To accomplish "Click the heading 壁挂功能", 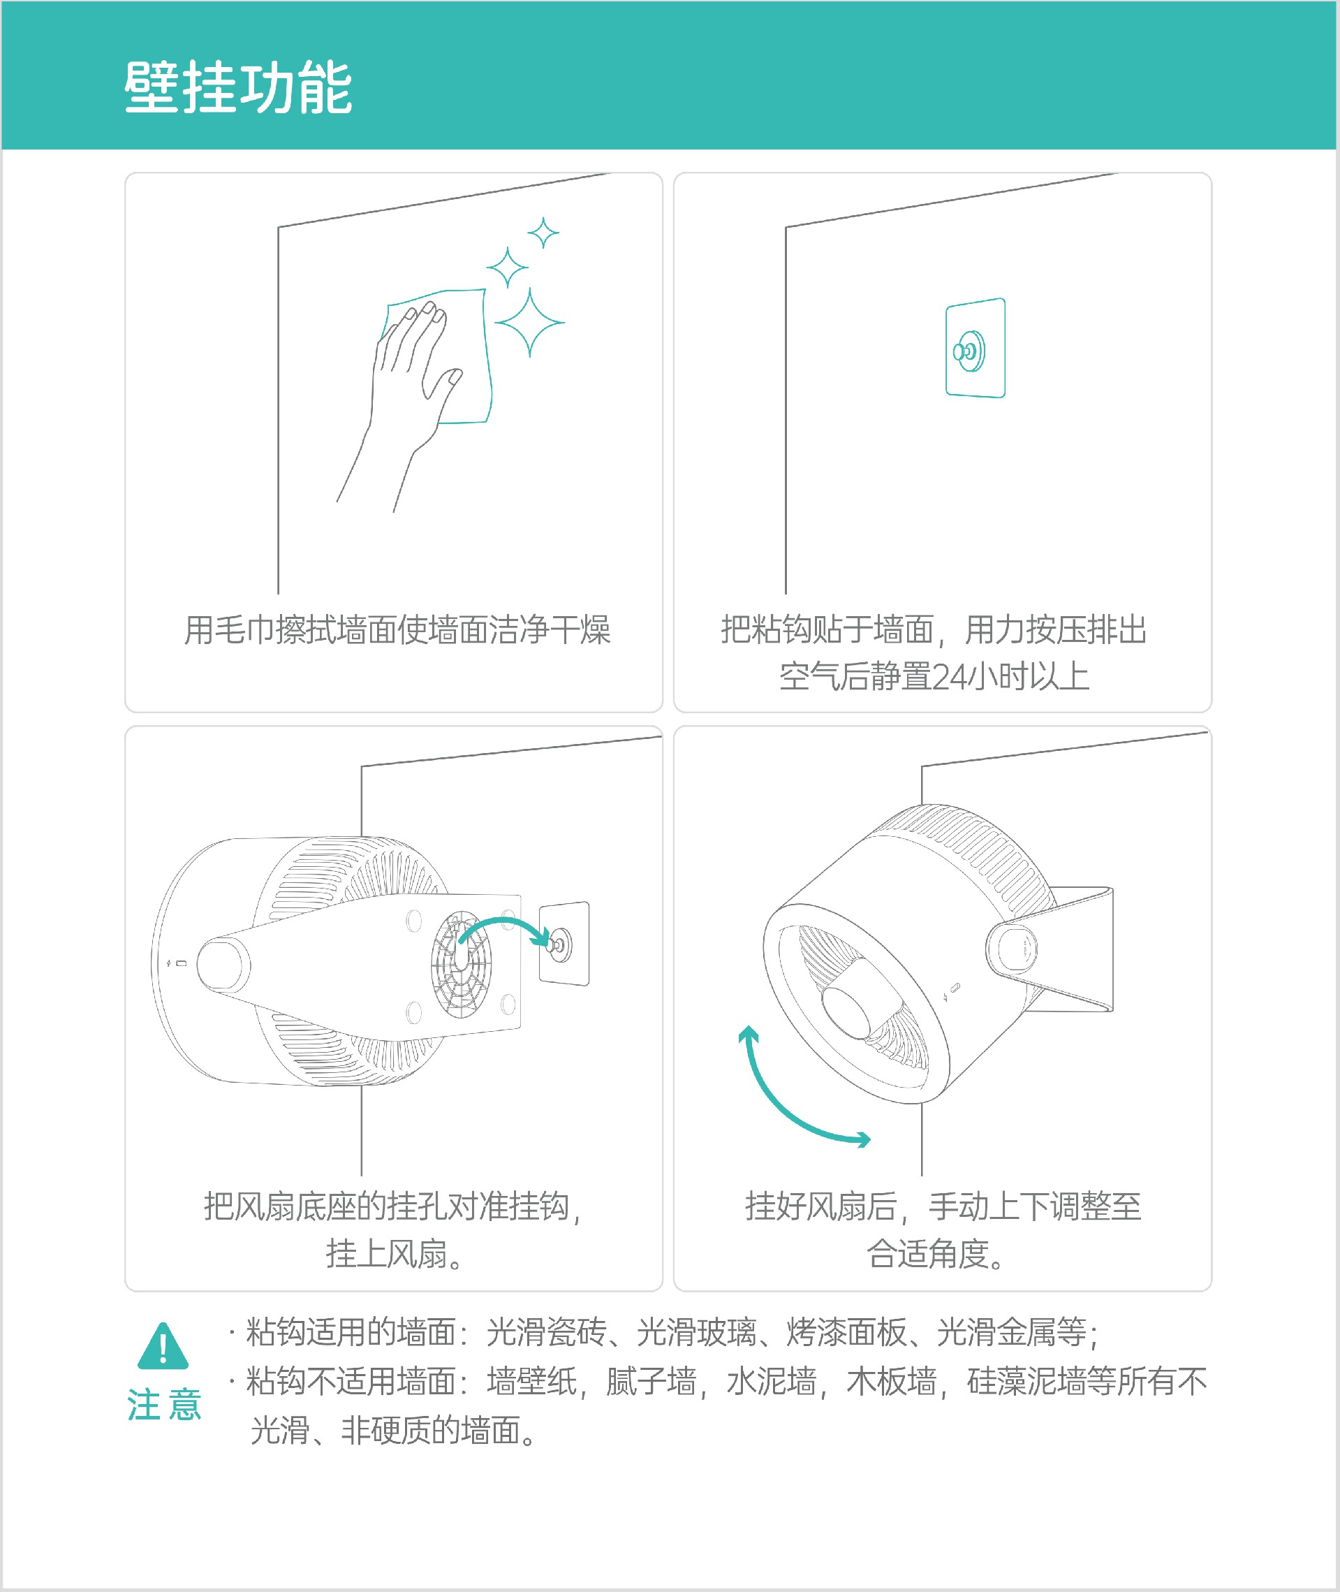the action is pos(238,87).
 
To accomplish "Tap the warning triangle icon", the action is pos(163,1344).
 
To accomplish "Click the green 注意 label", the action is pos(164,1403).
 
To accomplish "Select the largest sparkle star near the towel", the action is pos(529,322).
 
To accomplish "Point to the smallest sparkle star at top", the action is pos(543,233).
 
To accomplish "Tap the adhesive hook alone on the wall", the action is pos(975,348).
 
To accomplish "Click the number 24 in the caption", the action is pos(950,676).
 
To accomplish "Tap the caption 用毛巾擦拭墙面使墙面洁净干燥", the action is pos(397,630).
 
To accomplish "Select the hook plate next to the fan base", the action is pos(564,944).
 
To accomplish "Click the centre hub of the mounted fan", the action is pos(856,1001).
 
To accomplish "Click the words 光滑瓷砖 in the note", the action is pos(546,1332).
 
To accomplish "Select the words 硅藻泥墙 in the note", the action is pos(1026,1382).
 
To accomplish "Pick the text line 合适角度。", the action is pos(936,1254).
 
